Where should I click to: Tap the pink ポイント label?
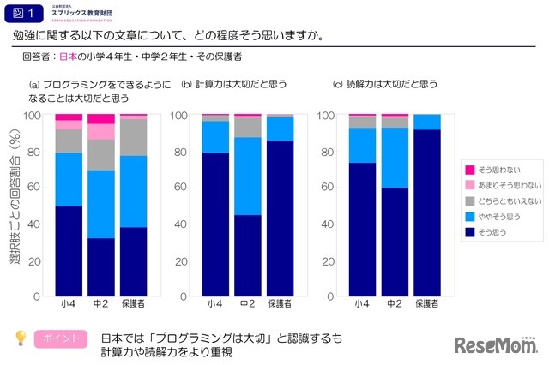60,338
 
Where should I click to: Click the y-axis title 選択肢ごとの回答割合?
15,206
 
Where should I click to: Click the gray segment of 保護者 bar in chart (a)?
133,136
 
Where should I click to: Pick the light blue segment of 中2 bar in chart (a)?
101,204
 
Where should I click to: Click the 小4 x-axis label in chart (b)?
215,304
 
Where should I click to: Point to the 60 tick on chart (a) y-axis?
34,188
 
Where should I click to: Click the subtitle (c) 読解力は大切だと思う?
385,84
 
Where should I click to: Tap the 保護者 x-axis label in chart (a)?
133,304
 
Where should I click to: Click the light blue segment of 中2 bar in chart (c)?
395,157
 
